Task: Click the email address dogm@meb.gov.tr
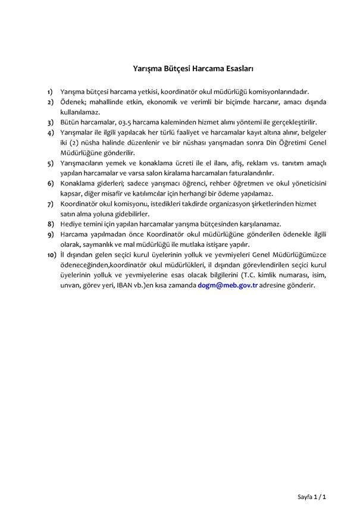pos(228,285)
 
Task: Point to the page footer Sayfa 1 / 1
pos(312,496)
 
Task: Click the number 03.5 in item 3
pos(126,121)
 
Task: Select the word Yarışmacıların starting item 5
pos(84,163)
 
